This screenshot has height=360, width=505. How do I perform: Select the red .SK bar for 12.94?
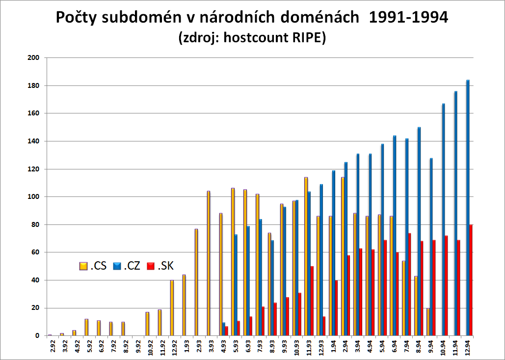click(471, 280)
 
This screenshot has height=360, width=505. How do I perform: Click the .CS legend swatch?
click(83, 266)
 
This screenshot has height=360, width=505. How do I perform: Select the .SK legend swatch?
click(151, 266)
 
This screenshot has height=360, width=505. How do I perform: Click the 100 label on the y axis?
click(34, 197)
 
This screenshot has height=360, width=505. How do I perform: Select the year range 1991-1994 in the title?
click(408, 18)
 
